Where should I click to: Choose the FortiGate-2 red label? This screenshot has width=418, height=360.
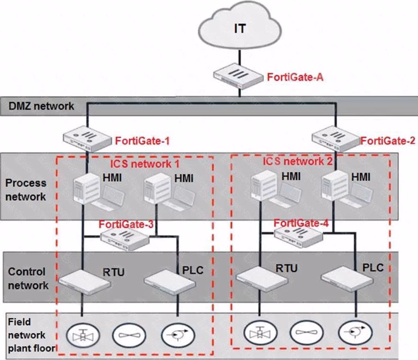click(x=388, y=141)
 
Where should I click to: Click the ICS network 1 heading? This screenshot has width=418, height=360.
click(x=145, y=164)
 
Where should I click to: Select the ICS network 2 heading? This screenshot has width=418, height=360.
click(x=297, y=162)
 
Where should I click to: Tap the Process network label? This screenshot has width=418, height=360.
click(x=26, y=190)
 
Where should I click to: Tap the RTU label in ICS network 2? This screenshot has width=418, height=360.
click(x=286, y=268)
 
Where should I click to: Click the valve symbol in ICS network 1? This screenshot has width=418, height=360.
click(x=83, y=334)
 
